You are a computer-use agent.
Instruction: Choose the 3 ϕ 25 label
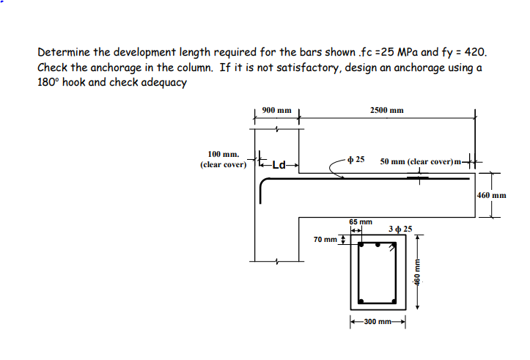point(401,229)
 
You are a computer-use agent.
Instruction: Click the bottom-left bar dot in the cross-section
point(359,301)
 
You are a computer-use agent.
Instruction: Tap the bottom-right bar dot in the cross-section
point(394,301)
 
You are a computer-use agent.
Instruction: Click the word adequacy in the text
point(165,81)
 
